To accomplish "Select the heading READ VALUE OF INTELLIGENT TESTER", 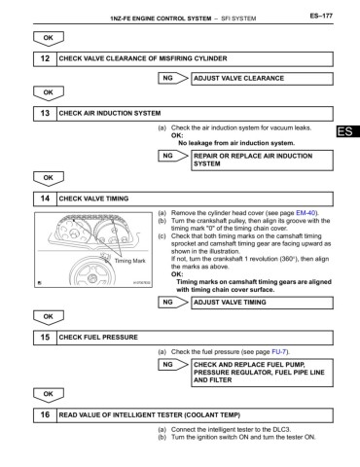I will tap(170, 413).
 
